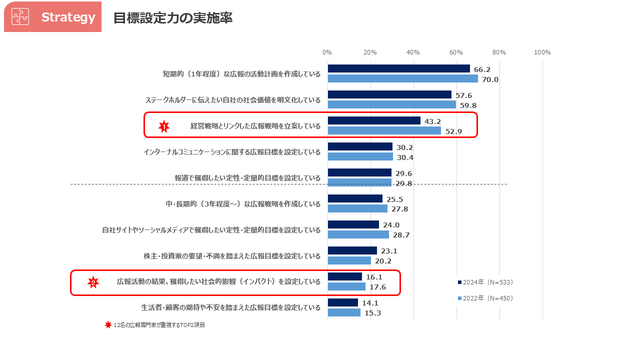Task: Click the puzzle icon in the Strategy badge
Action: pyautogui.click(x=20, y=16)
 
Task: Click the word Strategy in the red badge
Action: pyautogui.click(x=68, y=17)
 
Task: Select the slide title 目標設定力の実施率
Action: pyautogui.click(x=172, y=18)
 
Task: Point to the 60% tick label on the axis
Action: pyautogui.click(x=456, y=52)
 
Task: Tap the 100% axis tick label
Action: pyautogui.click(x=542, y=52)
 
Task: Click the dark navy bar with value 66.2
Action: pyautogui.click(x=398, y=68)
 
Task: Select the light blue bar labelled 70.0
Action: pyautogui.click(x=402, y=78)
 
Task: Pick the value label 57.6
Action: pyautogui.click(x=463, y=95)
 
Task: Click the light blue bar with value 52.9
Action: pyautogui.click(x=384, y=130)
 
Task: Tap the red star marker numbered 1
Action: pyautogui.click(x=164, y=126)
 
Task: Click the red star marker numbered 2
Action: pyautogui.click(x=93, y=282)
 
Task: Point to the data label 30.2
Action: pyautogui.click(x=404, y=147)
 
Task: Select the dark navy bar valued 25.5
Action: pyautogui.click(x=355, y=198)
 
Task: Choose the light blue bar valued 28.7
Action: pyautogui.click(x=358, y=234)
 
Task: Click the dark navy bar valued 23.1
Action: pyautogui.click(x=352, y=250)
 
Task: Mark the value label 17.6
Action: pyautogui.click(x=377, y=287)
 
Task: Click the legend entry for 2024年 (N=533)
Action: pyautogui.click(x=485, y=282)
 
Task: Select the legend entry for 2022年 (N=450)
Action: pyautogui.click(x=485, y=298)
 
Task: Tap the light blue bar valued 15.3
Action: pyautogui.click(x=344, y=312)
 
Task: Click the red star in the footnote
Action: pyautogui.click(x=108, y=325)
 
